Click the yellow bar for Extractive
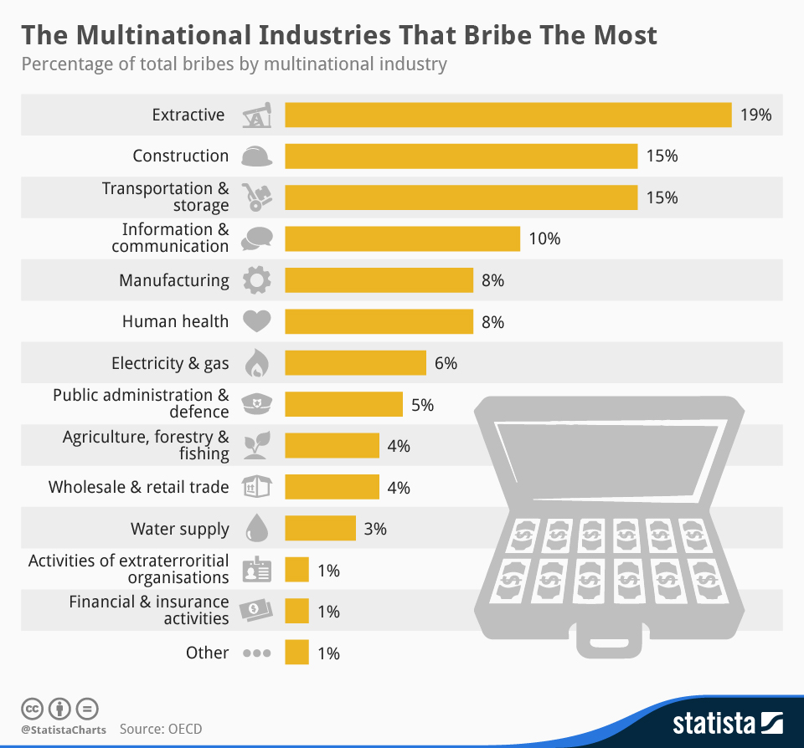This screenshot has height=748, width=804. coord(508,115)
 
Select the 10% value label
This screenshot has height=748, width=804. coord(544,238)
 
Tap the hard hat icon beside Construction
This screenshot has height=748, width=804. coord(256,156)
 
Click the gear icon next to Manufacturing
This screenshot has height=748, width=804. coord(256,280)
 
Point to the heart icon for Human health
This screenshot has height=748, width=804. coord(256,321)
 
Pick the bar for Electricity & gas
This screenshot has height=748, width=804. coord(356,363)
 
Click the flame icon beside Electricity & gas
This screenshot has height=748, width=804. coord(255,363)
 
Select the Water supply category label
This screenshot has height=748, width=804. coord(179,529)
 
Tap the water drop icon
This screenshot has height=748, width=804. coord(255,529)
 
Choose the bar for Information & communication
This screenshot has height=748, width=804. coord(403,238)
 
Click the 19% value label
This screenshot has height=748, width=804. coord(755,115)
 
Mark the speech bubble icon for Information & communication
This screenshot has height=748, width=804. coord(256,238)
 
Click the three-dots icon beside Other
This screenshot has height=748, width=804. coord(256,653)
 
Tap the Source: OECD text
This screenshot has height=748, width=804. coord(161,729)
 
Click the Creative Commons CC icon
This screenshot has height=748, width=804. coord(32,708)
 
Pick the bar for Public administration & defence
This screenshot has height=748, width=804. coord(343,404)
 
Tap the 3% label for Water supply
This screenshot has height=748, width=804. coord(374,529)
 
